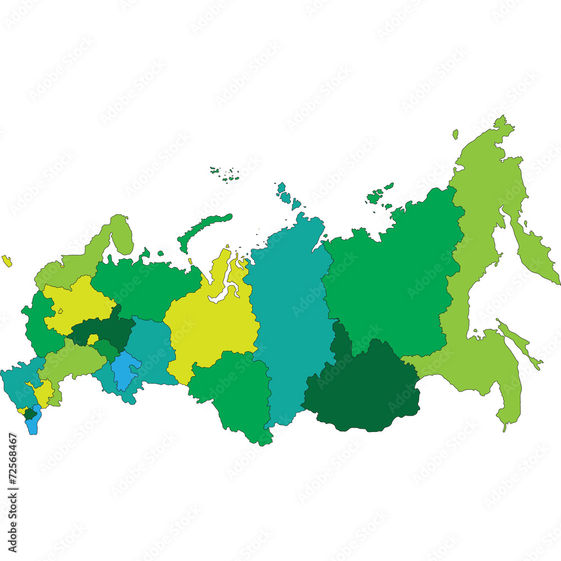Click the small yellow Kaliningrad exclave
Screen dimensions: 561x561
point(7,260)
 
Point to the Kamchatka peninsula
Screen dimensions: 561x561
point(536,252)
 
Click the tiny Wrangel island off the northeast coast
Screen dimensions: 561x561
point(456,134)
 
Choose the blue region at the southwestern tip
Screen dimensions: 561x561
point(33,424)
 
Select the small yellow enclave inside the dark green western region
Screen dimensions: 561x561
point(92,339)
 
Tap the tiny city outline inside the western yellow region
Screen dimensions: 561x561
point(60,310)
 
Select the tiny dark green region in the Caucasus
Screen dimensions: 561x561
point(29,414)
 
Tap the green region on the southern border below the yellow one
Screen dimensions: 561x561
point(233,393)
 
